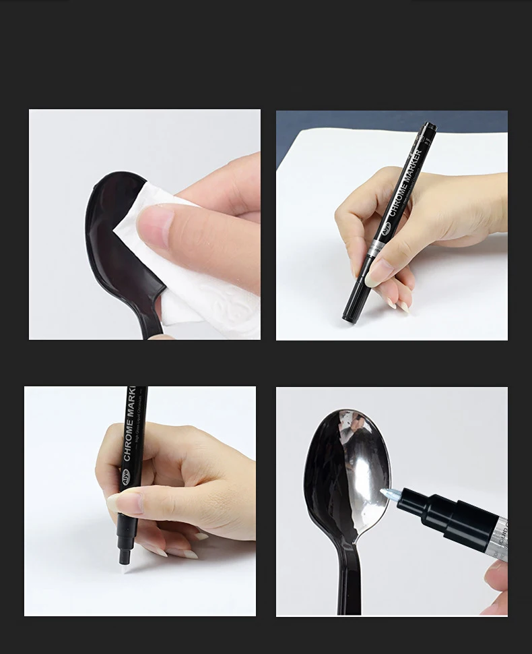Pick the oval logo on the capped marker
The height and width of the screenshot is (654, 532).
(x=385, y=229)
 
